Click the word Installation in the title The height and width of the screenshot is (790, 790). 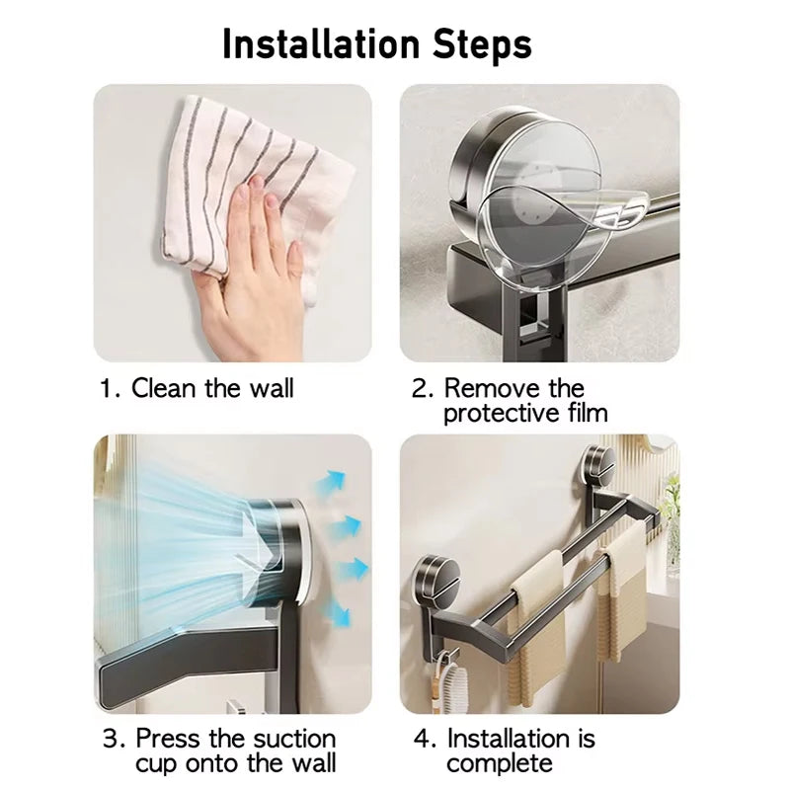pyautogui.click(x=321, y=44)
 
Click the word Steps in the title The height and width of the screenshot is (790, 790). pyautogui.click(x=482, y=45)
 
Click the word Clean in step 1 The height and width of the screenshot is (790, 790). pyautogui.click(x=163, y=388)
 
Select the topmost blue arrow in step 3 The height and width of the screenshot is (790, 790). pyautogui.click(x=334, y=482)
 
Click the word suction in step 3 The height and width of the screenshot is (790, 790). pyautogui.click(x=294, y=739)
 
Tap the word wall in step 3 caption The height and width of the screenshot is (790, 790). pyautogui.click(x=312, y=762)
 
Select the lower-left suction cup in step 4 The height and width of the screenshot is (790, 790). pyautogui.click(x=435, y=580)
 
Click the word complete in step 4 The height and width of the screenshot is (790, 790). pyautogui.click(x=500, y=764)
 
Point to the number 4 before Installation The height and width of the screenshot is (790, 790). pyautogui.click(x=422, y=739)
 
